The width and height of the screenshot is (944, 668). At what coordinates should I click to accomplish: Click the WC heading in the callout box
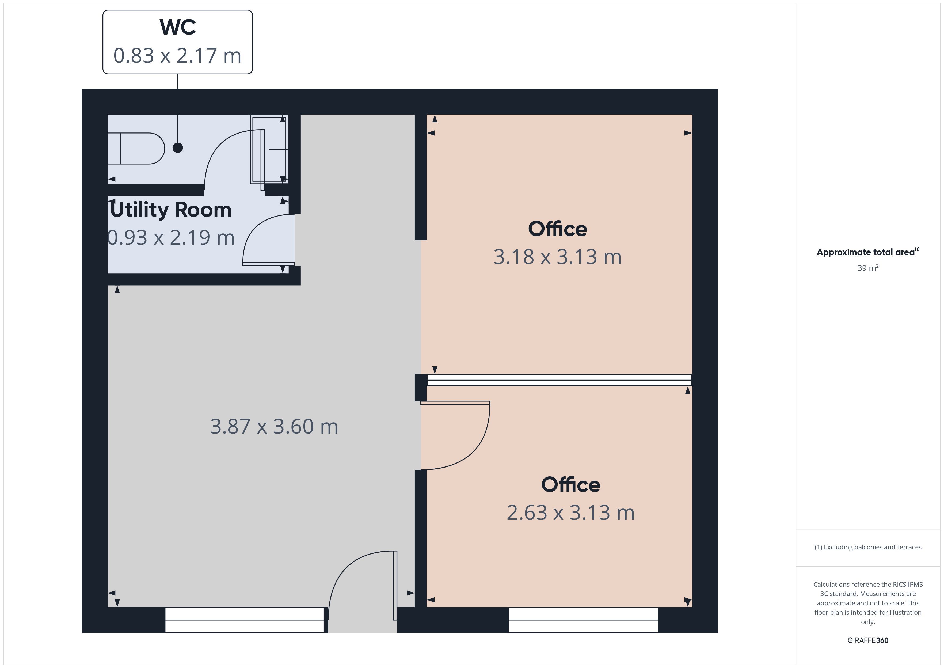[x=178, y=27]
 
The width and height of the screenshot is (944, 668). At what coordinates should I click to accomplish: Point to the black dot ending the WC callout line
[x=178, y=148]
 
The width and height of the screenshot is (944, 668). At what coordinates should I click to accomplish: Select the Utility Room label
[x=171, y=210]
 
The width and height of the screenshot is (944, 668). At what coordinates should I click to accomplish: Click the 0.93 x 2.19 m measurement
[x=171, y=238]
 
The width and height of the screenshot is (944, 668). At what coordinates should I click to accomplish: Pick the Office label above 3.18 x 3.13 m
[x=558, y=229]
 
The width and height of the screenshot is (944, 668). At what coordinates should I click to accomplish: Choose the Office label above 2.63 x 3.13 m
[x=571, y=485]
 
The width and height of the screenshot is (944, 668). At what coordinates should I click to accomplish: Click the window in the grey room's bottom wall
[x=245, y=620]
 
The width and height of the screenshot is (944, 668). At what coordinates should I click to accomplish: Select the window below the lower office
[x=583, y=620]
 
